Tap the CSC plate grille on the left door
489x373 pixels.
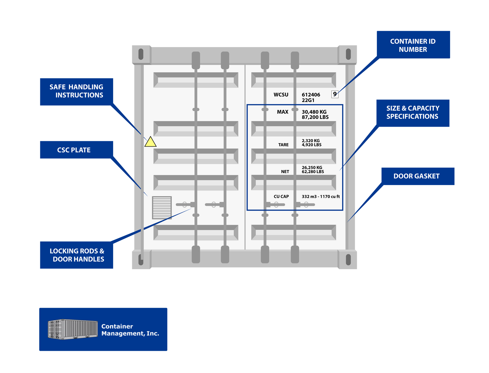click(x=162, y=208)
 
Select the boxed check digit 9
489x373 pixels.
click(x=335, y=94)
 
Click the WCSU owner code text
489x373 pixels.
click(x=281, y=95)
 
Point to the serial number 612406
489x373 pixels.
click(x=311, y=95)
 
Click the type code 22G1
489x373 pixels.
click(x=308, y=100)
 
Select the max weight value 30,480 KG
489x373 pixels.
click(x=314, y=112)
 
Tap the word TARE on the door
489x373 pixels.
click(x=283, y=145)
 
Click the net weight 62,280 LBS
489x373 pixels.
click(x=313, y=172)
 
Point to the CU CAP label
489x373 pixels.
click(x=281, y=197)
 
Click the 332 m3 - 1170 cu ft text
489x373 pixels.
click(x=321, y=197)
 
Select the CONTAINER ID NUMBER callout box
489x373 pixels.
click(x=413, y=45)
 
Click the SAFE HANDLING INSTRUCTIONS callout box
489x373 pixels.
click(x=76, y=92)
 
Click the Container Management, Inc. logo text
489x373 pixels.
click(x=130, y=330)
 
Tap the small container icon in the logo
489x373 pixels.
click(x=73, y=329)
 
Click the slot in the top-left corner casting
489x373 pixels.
click(x=141, y=54)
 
